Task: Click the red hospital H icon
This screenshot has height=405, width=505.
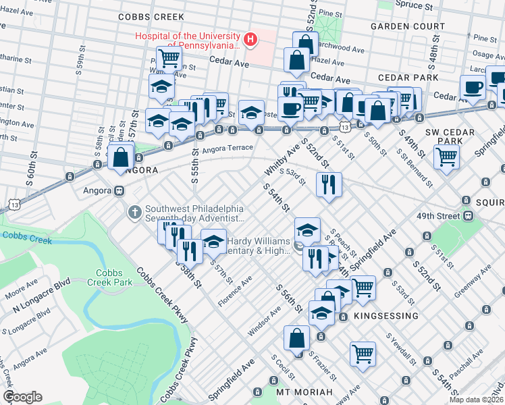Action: (x=250, y=40)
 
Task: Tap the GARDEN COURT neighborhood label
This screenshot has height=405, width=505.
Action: (x=407, y=26)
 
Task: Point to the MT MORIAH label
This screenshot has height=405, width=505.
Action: (x=304, y=392)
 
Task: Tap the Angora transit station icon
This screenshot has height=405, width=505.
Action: (x=119, y=190)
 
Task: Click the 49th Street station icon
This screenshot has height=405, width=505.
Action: (x=466, y=215)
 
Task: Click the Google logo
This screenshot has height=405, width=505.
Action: (x=22, y=397)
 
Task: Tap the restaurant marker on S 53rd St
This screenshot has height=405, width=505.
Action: (x=328, y=184)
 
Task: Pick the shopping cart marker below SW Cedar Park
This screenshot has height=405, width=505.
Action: (x=447, y=157)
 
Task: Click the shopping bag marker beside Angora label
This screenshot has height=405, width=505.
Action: (x=120, y=157)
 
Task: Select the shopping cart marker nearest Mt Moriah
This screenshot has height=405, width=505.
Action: (x=363, y=353)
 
